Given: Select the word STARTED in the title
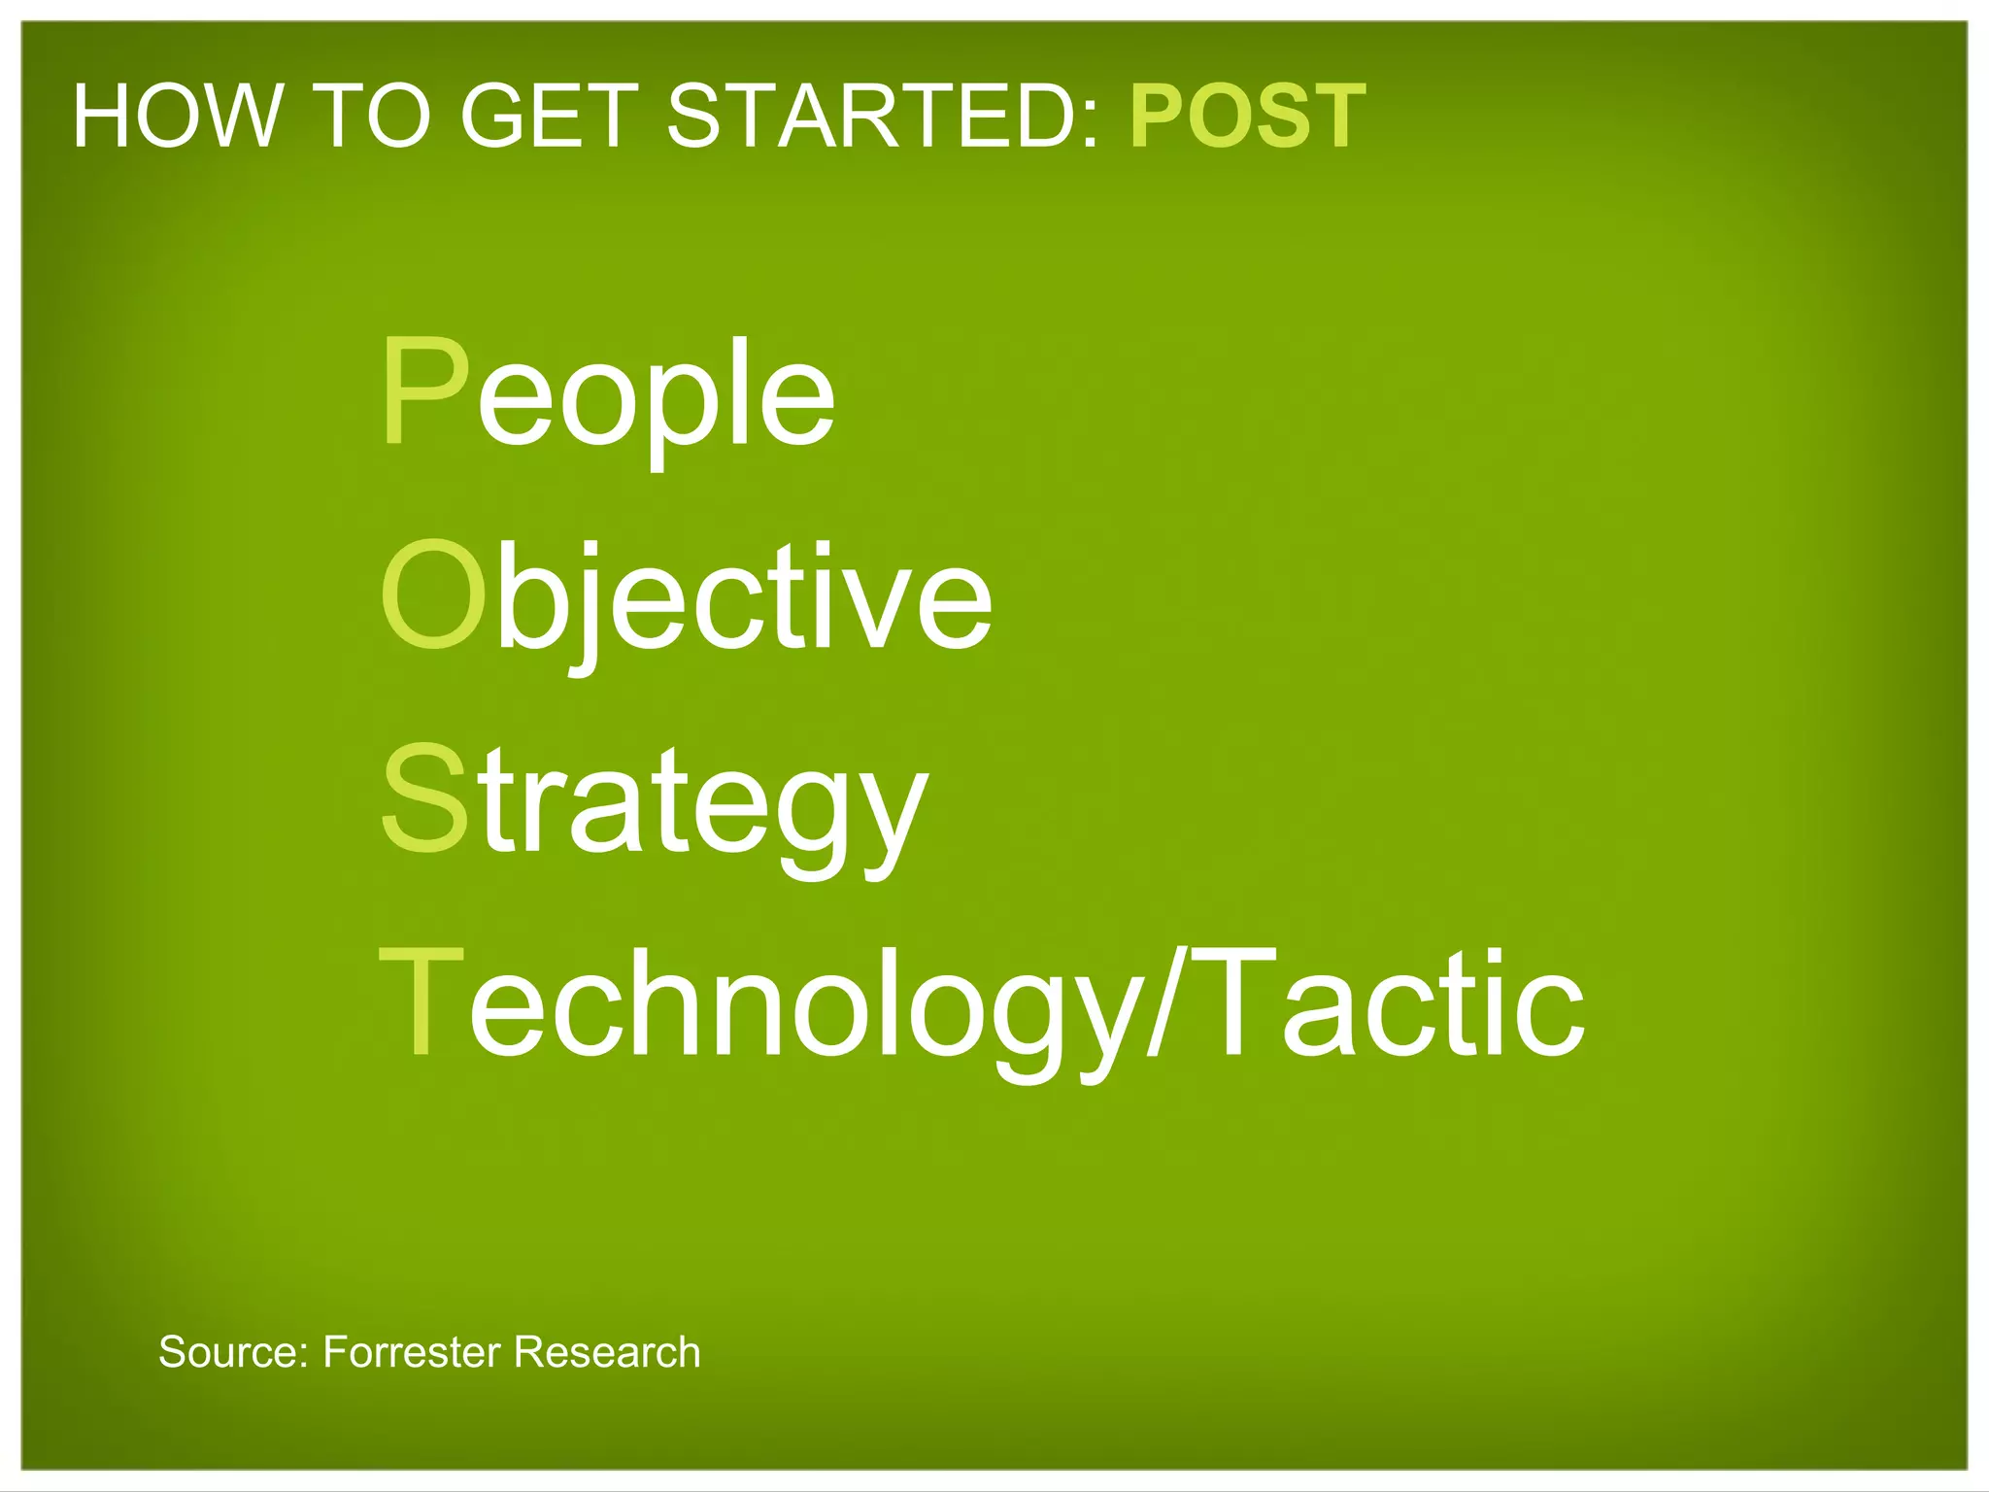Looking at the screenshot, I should (871, 117).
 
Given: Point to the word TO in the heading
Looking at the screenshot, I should (373, 117).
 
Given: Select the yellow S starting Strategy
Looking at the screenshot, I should (424, 798).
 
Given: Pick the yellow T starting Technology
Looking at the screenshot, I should (421, 1002).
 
